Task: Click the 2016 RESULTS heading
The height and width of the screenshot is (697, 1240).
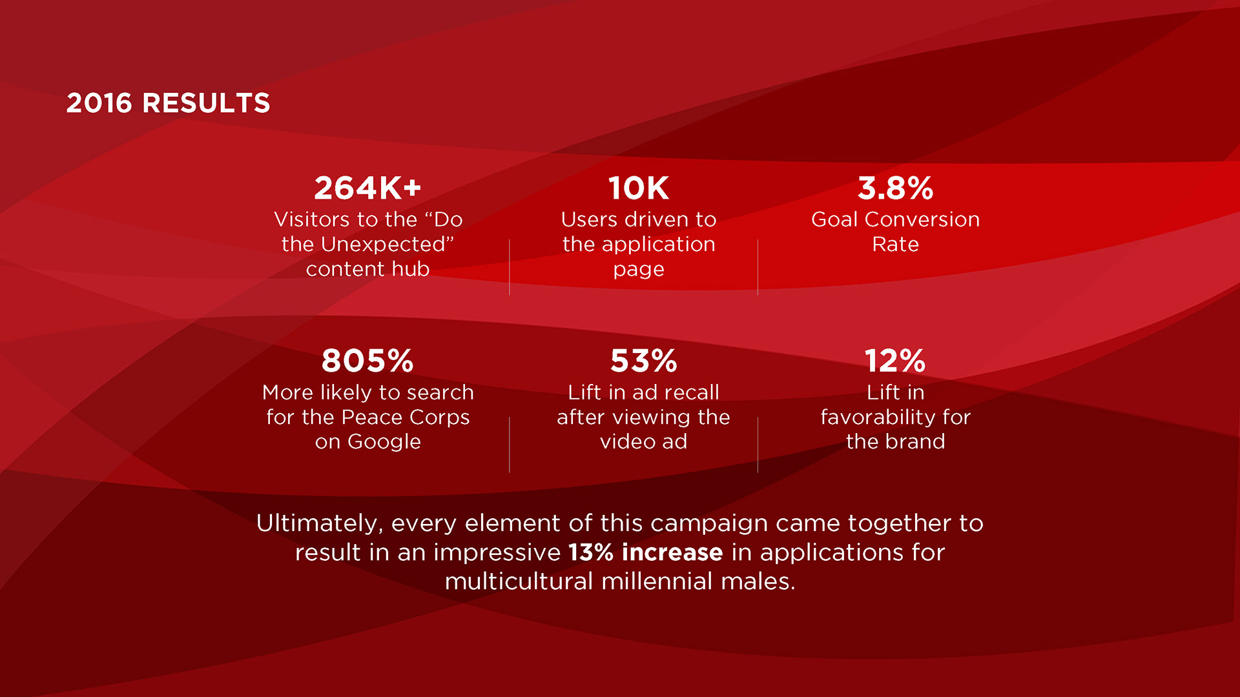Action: pyautogui.click(x=168, y=103)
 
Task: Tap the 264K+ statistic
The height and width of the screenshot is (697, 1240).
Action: pyautogui.click(x=367, y=188)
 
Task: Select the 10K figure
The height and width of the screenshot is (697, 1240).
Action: pyautogui.click(x=639, y=188)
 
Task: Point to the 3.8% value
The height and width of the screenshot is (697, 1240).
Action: pyautogui.click(x=895, y=188)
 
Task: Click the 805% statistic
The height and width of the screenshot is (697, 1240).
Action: pyautogui.click(x=367, y=361)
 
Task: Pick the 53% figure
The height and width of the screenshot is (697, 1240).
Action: pyautogui.click(x=644, y=361)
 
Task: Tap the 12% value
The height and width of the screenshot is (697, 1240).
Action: pyautogui.click(x=895, y=361)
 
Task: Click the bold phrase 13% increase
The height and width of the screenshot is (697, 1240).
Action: pyautogui.click(x=645, y=552)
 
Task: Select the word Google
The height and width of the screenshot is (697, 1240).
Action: pyautogui.click(x=384, y=442)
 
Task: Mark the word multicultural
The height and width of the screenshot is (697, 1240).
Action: pyautogui.click(x=519, y=581)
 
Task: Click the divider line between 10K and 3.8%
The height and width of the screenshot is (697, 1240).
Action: pyautogui.click(x=758, y=267)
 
